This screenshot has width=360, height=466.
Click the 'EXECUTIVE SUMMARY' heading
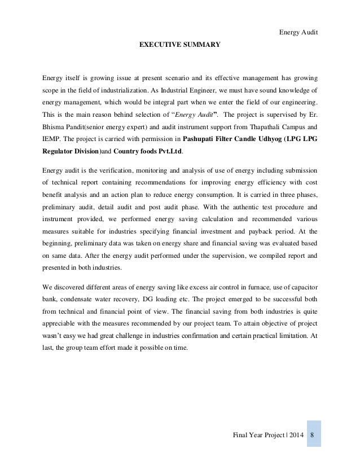179,41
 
